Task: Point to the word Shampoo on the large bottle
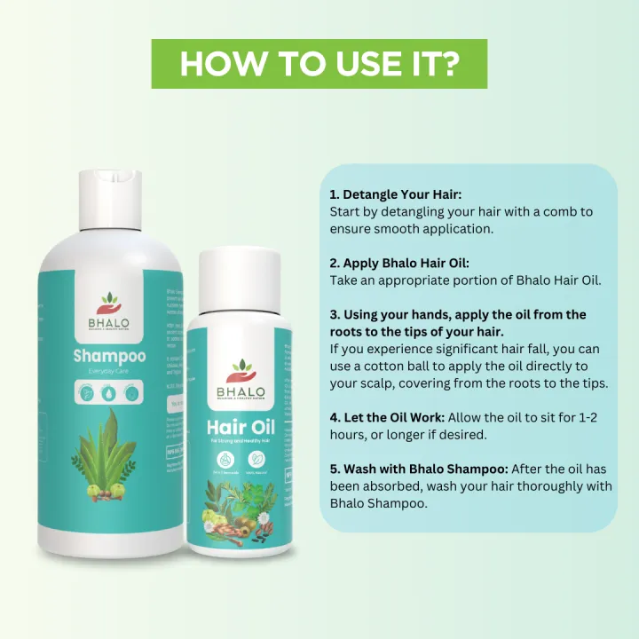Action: point(110,358)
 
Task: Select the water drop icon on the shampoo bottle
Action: point(110,392)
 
